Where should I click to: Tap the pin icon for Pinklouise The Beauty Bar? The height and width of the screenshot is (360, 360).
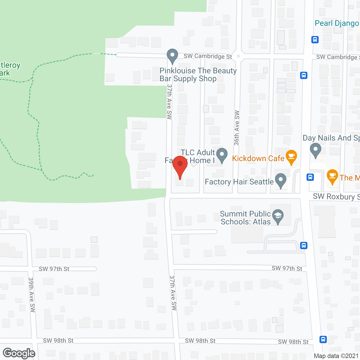click(172, 56)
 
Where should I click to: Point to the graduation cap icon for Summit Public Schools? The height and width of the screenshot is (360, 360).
click(278, 216)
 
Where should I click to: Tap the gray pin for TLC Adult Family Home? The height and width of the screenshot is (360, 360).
click(222, 155)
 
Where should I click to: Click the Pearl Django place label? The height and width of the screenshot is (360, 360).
click(337, 23)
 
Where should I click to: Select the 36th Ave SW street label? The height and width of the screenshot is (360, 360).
click(237, 128)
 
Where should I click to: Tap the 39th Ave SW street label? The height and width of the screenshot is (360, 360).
click(31, 295)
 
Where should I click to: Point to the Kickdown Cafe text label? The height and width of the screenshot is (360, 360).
click(258, 158)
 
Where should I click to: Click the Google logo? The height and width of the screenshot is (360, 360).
click(19, 353)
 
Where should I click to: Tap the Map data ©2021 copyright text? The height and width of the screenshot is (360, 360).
click(336, 356)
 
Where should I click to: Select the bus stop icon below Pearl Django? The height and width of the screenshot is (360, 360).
click(315, 40)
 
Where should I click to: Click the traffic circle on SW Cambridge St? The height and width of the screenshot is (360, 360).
click(238, 56)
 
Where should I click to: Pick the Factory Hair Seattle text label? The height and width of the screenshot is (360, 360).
click(239, 182)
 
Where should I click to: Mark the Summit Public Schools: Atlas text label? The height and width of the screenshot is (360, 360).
click(246, 218)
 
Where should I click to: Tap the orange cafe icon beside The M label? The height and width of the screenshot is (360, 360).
click(332, 176)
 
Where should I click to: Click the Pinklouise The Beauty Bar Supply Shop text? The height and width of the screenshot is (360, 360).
click(198, 75)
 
